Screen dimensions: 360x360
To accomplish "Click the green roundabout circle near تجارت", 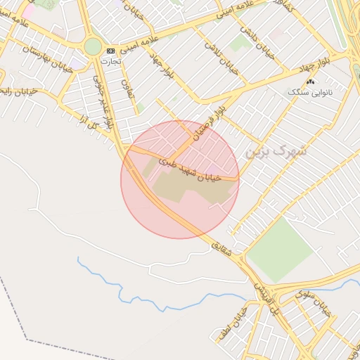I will (93, 46).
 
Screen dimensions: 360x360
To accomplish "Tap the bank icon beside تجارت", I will (110, 51).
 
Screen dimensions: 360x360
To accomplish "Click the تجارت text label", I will (110, 61).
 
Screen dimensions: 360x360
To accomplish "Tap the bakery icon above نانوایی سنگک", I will (311, 82).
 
